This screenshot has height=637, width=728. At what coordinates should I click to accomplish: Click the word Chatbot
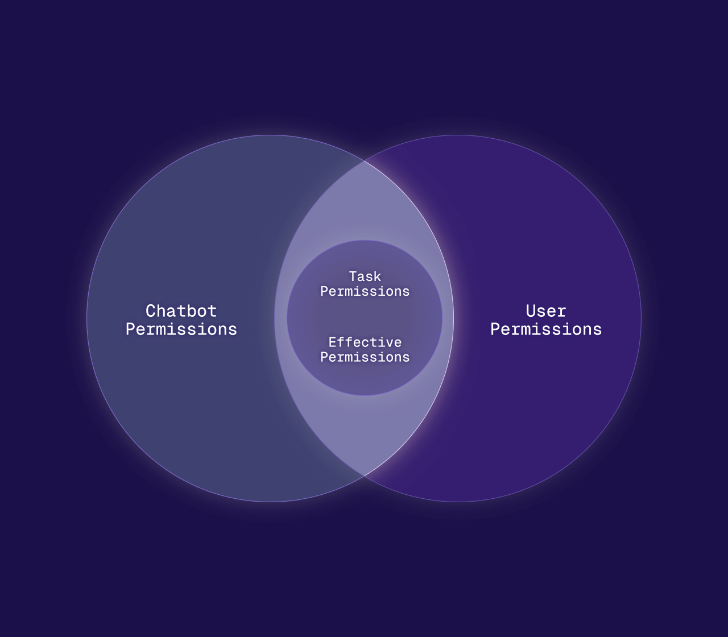click(x=181, y=311)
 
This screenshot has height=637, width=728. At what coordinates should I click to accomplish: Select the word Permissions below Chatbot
click(x=181, y=329)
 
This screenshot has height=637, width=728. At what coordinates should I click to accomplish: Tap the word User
click(x=546, y=311)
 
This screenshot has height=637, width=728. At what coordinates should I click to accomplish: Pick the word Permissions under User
click(x=546, y=329)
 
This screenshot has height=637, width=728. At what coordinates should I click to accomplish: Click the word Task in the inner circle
click(x=365, y=276)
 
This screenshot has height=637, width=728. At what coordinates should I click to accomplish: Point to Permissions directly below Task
click(x=365, y=291)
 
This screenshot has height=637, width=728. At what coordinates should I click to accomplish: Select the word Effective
click(x=365, y=342)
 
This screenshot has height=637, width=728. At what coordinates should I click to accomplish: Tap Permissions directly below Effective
click(x=365, y=357)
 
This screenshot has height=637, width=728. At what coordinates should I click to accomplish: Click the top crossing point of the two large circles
click(x=364, y=161)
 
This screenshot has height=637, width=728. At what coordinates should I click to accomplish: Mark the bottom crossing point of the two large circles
click(x=364, y=475)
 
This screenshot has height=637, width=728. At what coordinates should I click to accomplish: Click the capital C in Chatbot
click(x=151, y=311)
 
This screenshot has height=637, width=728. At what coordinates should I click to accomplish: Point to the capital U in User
click(x=531, y=311)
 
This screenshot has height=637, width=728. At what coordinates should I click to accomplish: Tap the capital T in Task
click(x=353, y=276)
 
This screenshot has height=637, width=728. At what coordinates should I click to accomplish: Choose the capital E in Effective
click(x=333, y=342)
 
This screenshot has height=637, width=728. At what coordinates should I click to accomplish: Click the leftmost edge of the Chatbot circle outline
click(x=87, y=318)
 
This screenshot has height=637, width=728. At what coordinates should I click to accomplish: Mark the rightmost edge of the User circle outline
click(x=641, y=318)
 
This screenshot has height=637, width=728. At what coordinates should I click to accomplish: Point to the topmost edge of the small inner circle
click(x=365, y=241)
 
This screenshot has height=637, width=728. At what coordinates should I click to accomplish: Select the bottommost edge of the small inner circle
click(x=365, y=395)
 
